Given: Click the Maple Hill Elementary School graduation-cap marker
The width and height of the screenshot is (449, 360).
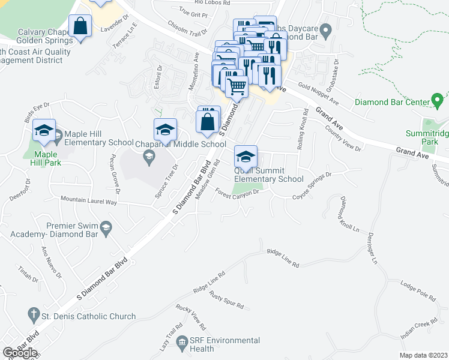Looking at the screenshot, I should point(44,131).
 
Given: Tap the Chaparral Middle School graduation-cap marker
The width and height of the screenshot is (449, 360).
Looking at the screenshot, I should point(165,129).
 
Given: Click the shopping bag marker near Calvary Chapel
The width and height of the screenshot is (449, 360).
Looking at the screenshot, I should point(80,27).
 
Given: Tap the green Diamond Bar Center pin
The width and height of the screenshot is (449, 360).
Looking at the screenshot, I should point(438,99).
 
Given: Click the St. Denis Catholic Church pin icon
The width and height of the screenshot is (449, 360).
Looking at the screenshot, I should point(34,314).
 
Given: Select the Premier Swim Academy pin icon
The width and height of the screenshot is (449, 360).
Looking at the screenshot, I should point(106,226).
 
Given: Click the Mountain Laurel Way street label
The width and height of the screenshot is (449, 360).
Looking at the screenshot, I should point(87,200).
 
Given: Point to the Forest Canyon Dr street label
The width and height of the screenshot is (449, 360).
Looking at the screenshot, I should point(237,194).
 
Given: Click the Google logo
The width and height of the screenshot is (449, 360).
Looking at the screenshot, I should point(20,352).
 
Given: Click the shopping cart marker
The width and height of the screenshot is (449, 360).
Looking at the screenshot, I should point(237,87).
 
